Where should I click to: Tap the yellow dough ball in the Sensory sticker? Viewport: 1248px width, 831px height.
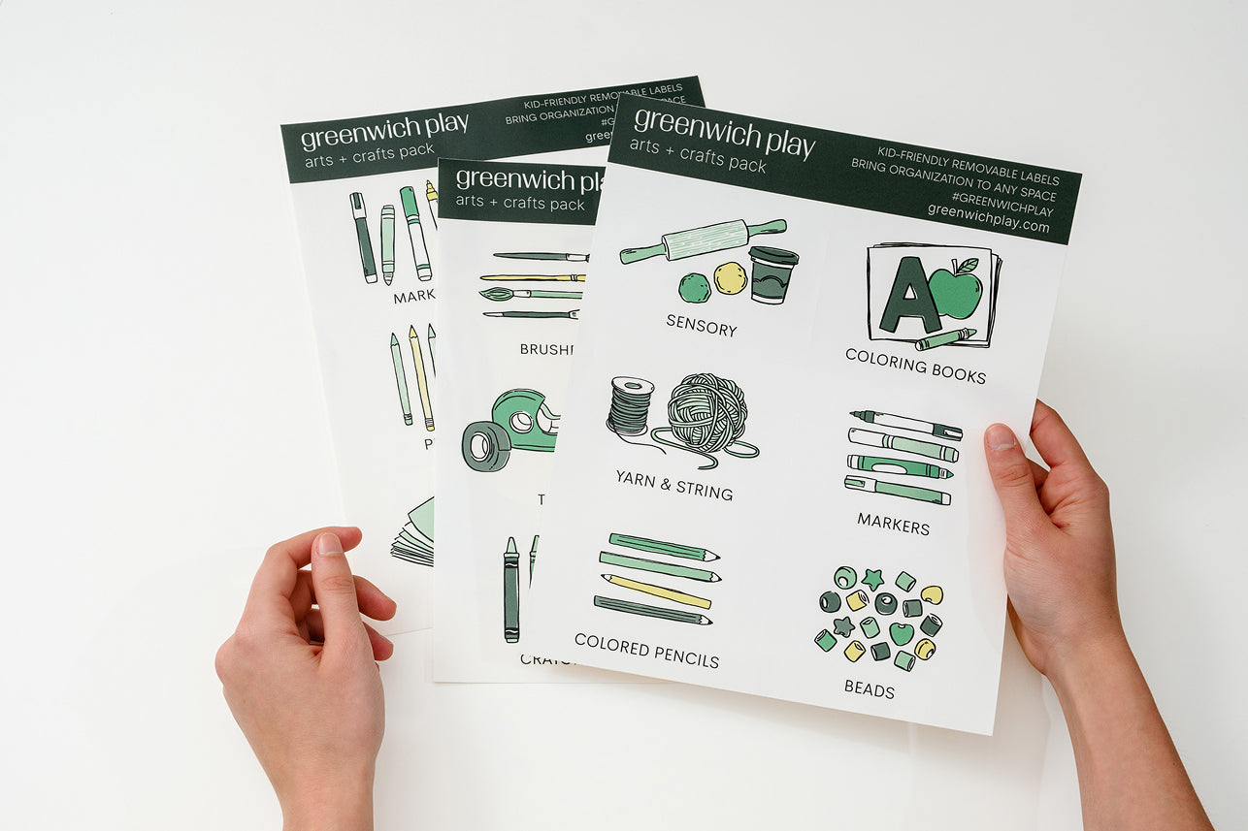(730, 278)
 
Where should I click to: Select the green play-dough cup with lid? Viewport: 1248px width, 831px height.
(772, 274)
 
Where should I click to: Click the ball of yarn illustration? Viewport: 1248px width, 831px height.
(706, 413)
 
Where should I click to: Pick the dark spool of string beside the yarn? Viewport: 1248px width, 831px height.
(631, 406)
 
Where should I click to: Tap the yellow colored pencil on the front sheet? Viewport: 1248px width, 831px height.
(656, 591)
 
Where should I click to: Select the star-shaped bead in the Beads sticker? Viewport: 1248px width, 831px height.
(872, 579)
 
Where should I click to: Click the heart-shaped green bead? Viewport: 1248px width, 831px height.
(901, 633)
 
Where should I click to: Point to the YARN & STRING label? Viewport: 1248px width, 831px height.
(673, 484)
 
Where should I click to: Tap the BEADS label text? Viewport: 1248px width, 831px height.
(869, 689)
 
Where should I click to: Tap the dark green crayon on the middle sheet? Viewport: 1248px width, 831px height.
(510, 591)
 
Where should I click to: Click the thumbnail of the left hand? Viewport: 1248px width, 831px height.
(330, 544)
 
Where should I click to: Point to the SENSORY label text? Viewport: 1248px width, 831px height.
(701, 326)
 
